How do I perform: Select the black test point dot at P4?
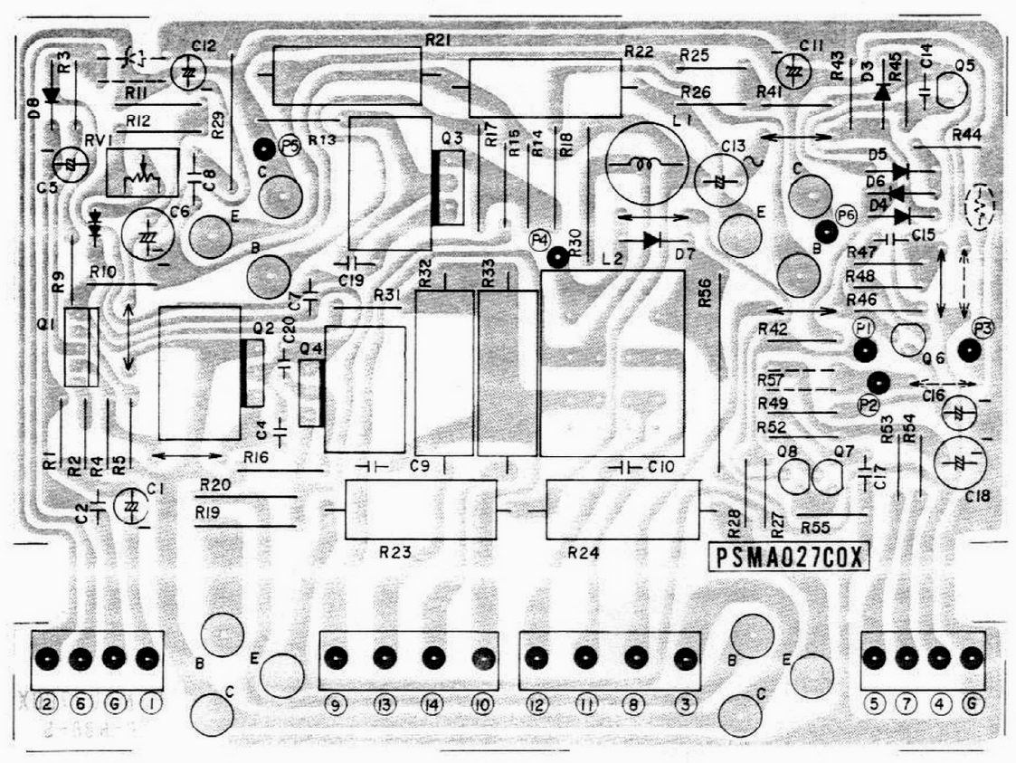558,257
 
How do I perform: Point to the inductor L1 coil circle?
645,164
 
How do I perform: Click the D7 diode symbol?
651,240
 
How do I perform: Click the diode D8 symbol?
52,92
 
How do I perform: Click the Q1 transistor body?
80,348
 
